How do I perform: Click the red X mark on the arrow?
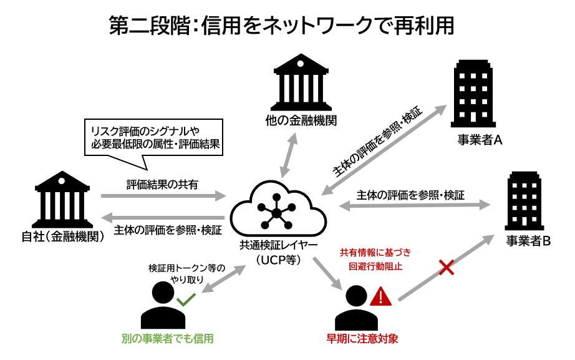(447, 269)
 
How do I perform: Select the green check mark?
(186, 300)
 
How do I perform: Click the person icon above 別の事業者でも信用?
(163, 306)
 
